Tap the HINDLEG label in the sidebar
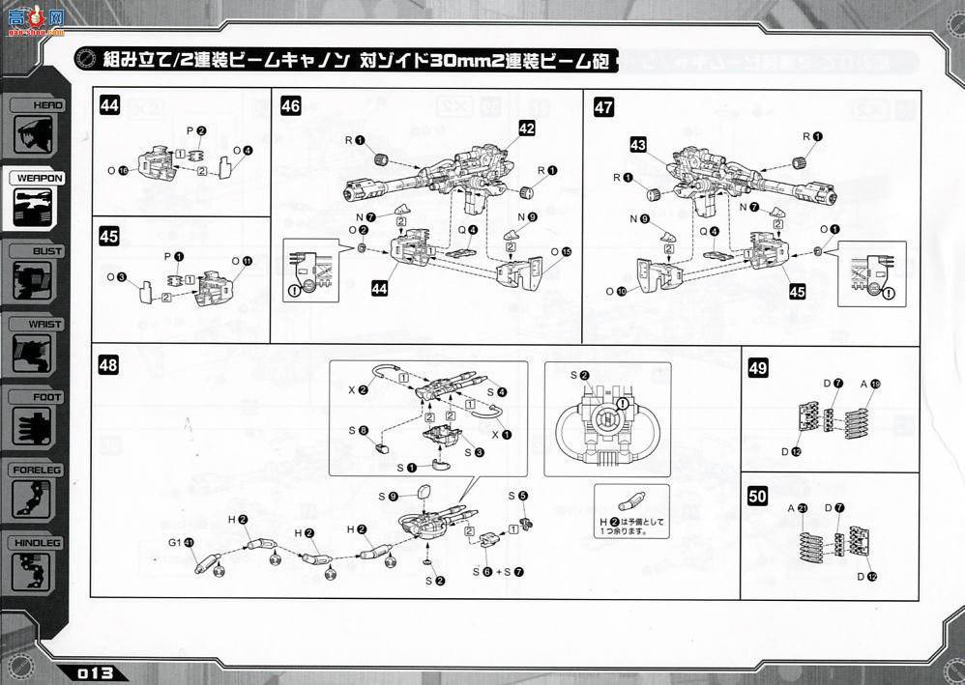(x=38, y=543)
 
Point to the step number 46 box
(x=290, y=107)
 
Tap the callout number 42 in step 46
(x=526, y=128)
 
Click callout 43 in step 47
(x=638, y=144)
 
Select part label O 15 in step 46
(x=560, y=252)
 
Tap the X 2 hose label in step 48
(x=357, y=389)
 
